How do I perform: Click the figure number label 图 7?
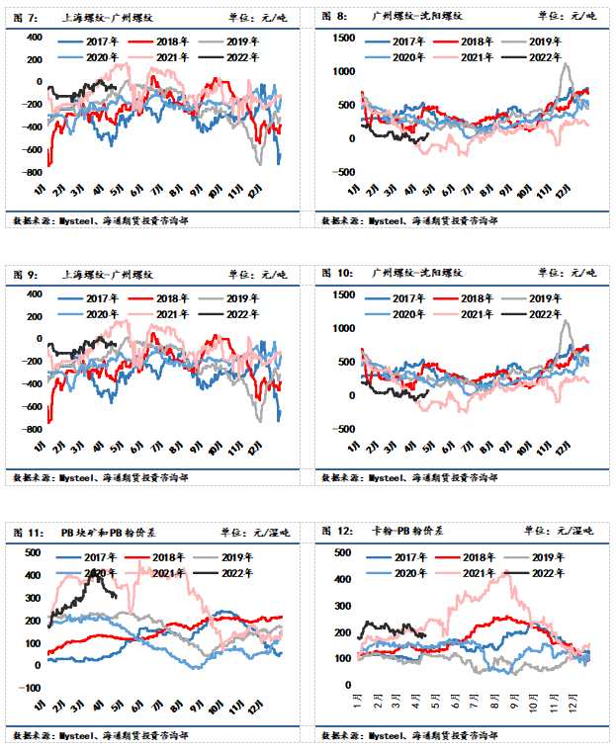25,15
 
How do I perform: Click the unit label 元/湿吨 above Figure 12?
575,531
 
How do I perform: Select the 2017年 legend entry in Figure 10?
391,297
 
